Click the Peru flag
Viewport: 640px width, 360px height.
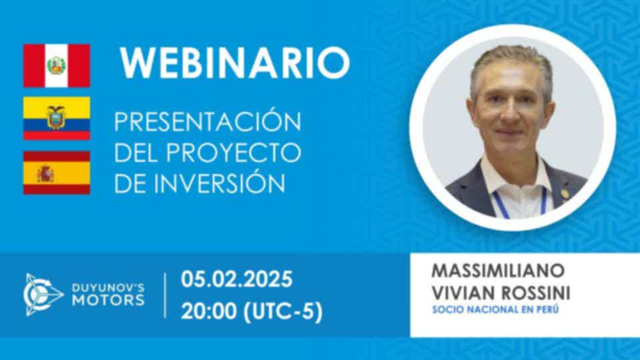pos(57,65)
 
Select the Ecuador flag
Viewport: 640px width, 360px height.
pos(57,119)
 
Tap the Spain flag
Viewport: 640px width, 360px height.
pos(57,173)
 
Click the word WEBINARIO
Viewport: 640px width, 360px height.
pos(235,63)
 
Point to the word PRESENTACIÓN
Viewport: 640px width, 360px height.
pos(208,121)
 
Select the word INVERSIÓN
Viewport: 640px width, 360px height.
pos(221,183)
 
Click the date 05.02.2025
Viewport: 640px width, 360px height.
pos(237,279)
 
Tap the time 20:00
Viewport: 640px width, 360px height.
pos(209,311)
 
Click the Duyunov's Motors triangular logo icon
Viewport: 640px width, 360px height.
pos(42,294)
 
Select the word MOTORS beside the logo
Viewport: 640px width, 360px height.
pos(108,301)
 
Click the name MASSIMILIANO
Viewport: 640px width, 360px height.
pos(498,270)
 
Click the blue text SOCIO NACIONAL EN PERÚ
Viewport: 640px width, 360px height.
pos(495,310)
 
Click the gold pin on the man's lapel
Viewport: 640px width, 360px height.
pos(565,193)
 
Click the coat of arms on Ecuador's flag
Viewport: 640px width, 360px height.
pos(56,117)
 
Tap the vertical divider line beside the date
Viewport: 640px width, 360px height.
pos(165,295)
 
